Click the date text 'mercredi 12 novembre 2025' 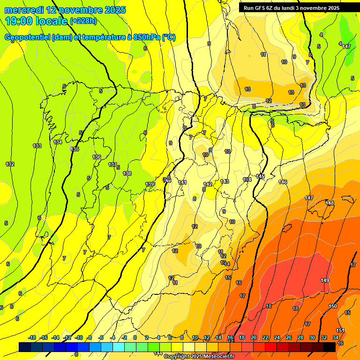click(x=66, y=10)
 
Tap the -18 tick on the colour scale click(x=32, y=337)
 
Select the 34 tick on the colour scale click(x=336, y=337)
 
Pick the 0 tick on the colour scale click(x=135, y=337)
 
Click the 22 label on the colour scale click(x=265, y=337)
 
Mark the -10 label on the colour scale click(x=79, y=337)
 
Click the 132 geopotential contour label click(x=10, y=164)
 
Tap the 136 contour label click(x=97, y=157)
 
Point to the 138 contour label click(x=127, y=173)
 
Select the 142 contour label click(x=208, y=184)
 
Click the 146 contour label click(x=283, y=182)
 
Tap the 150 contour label click(x=333, y=306)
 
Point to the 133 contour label click(x=37, y=146)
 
